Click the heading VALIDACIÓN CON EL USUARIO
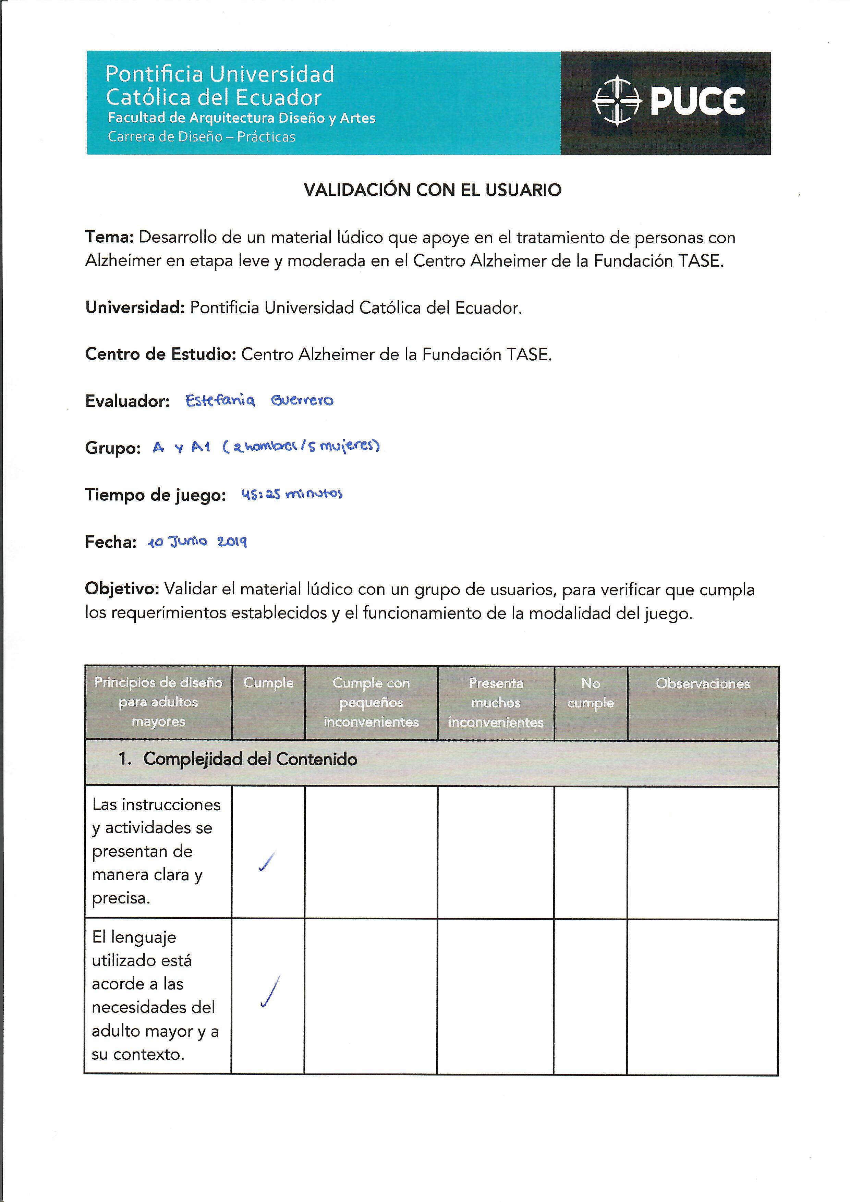pos(432,190)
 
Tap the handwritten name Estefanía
pos(220,401)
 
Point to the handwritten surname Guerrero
pos(302,401)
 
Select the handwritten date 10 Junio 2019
pos(197,542)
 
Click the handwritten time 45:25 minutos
pos(292,494)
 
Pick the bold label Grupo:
pos(112,449)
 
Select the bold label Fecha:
pos(110,542)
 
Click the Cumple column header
pos(268,683)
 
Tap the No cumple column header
pos(591,693)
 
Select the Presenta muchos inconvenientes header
pos(496,703)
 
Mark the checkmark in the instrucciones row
pos(267,862)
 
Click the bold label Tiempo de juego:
pos(156,495)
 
